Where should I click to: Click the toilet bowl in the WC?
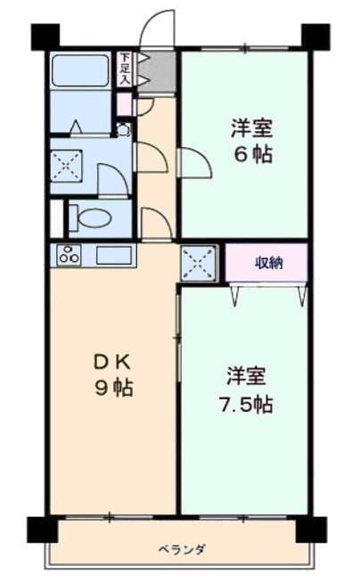[94, 218]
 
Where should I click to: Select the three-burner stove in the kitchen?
[69, 254]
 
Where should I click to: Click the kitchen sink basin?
[114, 255]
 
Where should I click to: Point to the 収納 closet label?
[269, 263]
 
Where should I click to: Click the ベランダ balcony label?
[182, 549]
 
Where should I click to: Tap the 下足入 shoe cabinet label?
[126, 68]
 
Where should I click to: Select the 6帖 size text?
[253, 154]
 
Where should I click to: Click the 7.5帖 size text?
[247, 405]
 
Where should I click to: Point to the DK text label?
[111, 362]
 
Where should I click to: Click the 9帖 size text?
[114, 388]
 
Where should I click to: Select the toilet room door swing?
[157, 223]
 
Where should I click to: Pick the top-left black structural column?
[45, 37]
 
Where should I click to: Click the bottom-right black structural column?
[311, 530]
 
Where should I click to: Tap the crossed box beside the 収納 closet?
[199, 263]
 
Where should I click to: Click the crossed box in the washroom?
[66, 166]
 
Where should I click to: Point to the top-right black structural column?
[315, 37]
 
